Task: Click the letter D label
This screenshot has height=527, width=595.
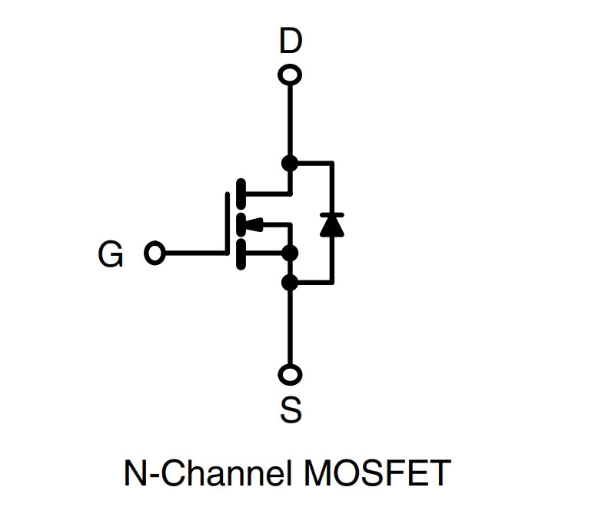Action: pyautogui.click(x=291, y=40)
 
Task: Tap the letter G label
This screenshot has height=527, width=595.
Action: pyautogui.click(x=111, y=254)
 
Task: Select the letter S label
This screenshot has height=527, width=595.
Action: pyautogui.click(x=291, y=409)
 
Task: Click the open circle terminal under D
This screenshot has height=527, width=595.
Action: pyautogui.click(x=290, y=75)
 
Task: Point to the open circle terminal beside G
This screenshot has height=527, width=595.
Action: pyautogui.click(x=155, y=253)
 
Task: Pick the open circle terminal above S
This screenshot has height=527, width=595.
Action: pyautogui.click(x=290, y=375)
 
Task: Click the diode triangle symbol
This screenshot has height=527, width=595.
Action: pyautogui.click(x=332, y=227)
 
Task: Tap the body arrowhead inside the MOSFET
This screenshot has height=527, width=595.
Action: pyautogui.click(x=254, y=224)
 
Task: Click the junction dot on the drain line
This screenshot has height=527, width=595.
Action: pyautogui.click(x=290, y=164)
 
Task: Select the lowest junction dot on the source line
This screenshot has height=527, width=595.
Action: pyautogui.click(x=290, y=283)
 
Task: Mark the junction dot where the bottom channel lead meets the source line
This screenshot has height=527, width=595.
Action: pyautogui.click(x=291, y=253)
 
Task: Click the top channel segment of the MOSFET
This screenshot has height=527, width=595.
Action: pyautogui.click(x=241, y=194)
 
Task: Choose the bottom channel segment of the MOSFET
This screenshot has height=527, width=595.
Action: pyautogui.click(x=241, y=254)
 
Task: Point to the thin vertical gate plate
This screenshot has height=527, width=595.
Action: pyautogui.click(x=228, y=224)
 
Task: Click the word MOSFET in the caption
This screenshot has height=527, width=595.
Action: pyautogui.click(x=377, y=472)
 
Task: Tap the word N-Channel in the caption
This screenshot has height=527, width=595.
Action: pyautogui.click(x=208, y=472)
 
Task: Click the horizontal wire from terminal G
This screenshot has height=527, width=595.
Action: pyautogui.click(x=196, y=253)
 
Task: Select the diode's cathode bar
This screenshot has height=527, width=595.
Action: pyautogui.click(x=332, y=214)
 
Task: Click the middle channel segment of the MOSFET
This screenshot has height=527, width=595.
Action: pyautogui.click(x=241, y=224)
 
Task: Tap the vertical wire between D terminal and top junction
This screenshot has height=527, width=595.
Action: pyautogui.click(x=291, y=121)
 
